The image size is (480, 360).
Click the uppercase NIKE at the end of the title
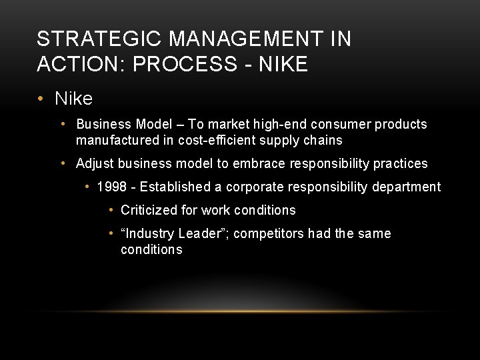coord(283,64)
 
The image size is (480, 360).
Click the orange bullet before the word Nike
coord(41,99)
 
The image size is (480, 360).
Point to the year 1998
coord(111,187)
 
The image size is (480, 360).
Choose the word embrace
coord(258,163)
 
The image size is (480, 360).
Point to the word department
coord(408,187)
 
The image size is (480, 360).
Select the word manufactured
coord(116,140)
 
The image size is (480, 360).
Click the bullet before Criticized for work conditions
coord(111,210)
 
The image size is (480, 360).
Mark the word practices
coord(400,163)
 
